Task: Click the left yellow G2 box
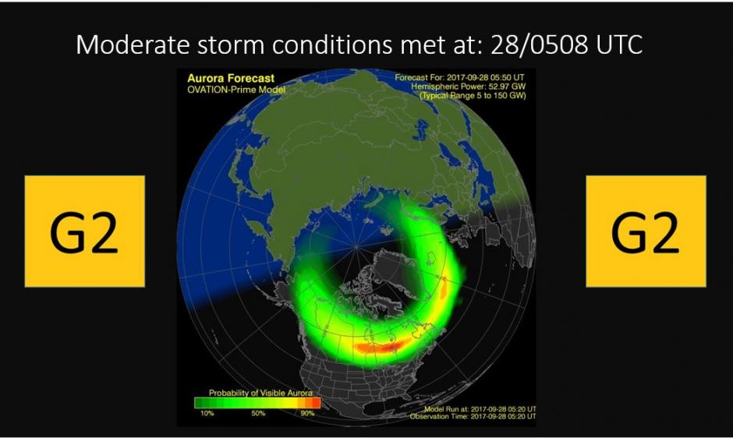coord(85,231)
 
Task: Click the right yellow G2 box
coord(646,231)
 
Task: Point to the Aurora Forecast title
coord(231,79)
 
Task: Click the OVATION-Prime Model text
coord(236,90)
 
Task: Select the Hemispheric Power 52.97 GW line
coord(468,87)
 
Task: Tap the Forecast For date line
coord(459,78)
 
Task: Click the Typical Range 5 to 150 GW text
coord(473,95)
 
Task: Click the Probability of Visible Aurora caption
coord(260,393)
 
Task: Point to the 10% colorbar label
coord(207,413)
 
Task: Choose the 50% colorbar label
coord(258,413)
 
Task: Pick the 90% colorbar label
coord(307,413)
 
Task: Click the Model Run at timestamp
coord(480,409)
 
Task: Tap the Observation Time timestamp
coord(473,416)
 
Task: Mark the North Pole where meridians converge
coord(356,246)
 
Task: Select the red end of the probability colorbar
coord(316,402)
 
